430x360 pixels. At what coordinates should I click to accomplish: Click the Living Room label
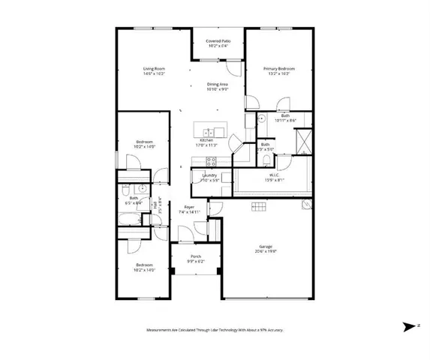point(154,69)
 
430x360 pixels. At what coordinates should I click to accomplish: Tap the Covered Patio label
point(219,40)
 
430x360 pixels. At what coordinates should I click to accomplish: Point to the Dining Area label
point(217,84)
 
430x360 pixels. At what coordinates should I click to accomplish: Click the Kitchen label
point(206,139)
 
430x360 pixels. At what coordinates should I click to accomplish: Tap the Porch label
point(196,256)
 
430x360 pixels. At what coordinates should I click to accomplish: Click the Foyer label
point(190,207)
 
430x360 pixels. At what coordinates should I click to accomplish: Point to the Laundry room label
point(209,175)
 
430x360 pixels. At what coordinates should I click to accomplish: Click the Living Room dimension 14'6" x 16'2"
point(154,74)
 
